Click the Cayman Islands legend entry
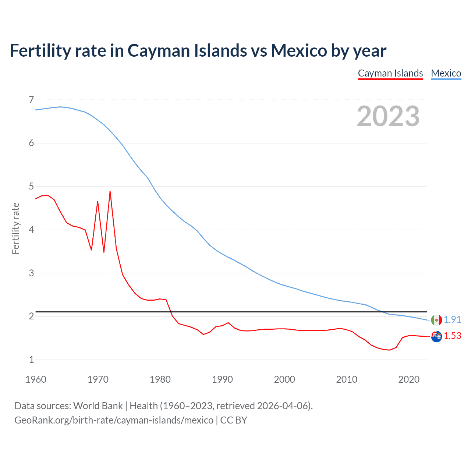(x=390, y=73)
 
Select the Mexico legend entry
(x=446, y=73)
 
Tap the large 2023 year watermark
(x=388, y=116)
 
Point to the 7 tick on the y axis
(x=31, y=100)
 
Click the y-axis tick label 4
(x=31, y=230)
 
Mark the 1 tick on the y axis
(x=31, y=360)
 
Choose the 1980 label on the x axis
(x=160, y=379)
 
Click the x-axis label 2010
(x=347, y=379)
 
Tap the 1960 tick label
(x=36, y=379)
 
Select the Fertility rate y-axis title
(x=15, y=228)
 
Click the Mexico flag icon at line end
(x=436, y=320)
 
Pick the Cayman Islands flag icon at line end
(x=436, y=336)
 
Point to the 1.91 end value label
(x=452, y=319)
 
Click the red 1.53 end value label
(x=452, y=336)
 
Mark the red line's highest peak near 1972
(x=110, y=192)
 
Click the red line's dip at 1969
(x=91, y=250)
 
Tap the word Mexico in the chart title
(x=298, y=51)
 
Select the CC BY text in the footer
(x=234, y=420)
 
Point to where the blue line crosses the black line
(x=382, y=312)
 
